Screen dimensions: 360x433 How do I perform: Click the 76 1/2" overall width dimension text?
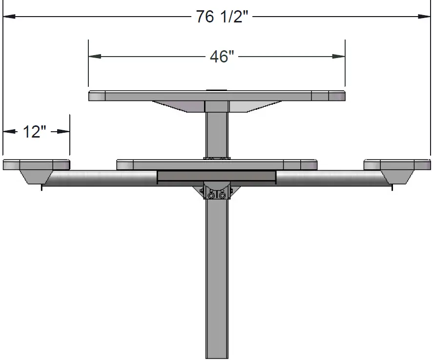click(x=222, y=17)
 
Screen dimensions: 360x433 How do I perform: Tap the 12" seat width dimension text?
click(x=34, y=131)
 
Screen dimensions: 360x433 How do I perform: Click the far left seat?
click(x=36, y=164)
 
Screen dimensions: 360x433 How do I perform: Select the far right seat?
click(x=397, y=164)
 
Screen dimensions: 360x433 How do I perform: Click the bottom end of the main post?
click(x=217, y=354)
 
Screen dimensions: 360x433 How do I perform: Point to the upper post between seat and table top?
click(x=217, y=134)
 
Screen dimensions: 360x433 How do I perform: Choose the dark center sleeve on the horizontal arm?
click(x=217, y=177)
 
